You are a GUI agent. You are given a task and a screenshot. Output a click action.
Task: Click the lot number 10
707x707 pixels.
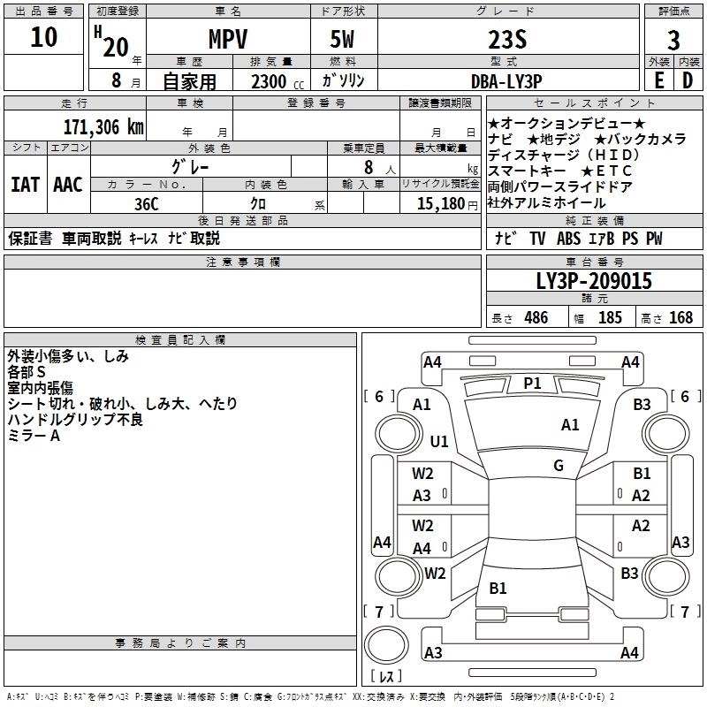[43, 38]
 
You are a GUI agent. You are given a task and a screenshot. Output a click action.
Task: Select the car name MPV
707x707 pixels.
[227, 40]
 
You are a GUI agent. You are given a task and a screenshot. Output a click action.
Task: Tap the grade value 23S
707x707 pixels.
[508, 40]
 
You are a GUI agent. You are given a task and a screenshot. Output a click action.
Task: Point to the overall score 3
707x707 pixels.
[673, 40]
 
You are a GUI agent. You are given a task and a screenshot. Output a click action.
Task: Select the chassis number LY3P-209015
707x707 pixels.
[594, 282]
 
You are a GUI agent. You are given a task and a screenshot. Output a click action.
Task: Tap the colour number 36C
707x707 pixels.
[146, 203]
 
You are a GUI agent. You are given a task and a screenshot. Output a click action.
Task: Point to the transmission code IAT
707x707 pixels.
[25, 185]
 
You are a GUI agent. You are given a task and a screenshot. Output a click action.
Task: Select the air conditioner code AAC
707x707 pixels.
[68, 185]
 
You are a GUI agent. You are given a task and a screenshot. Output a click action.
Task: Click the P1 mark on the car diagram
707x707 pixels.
[532, 383]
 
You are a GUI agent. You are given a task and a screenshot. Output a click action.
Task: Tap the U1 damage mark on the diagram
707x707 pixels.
[439, 441]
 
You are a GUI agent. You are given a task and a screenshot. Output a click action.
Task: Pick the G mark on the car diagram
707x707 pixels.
[559, 465]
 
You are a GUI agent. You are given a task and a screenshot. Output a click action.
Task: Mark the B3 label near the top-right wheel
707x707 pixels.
[642, 405]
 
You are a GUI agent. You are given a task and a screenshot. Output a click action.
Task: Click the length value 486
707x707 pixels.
[536, 318]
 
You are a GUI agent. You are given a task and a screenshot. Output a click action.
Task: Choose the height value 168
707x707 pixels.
[680, 318]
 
